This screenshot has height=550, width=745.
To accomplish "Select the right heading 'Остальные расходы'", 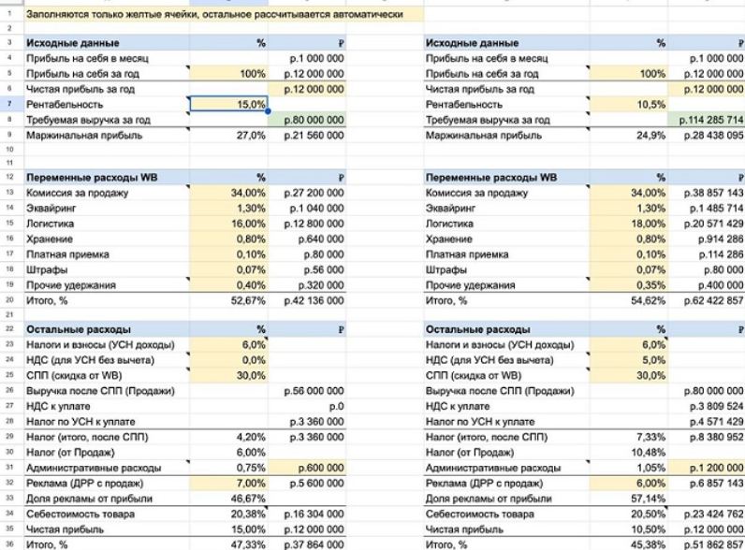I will click(x=474, y=329).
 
